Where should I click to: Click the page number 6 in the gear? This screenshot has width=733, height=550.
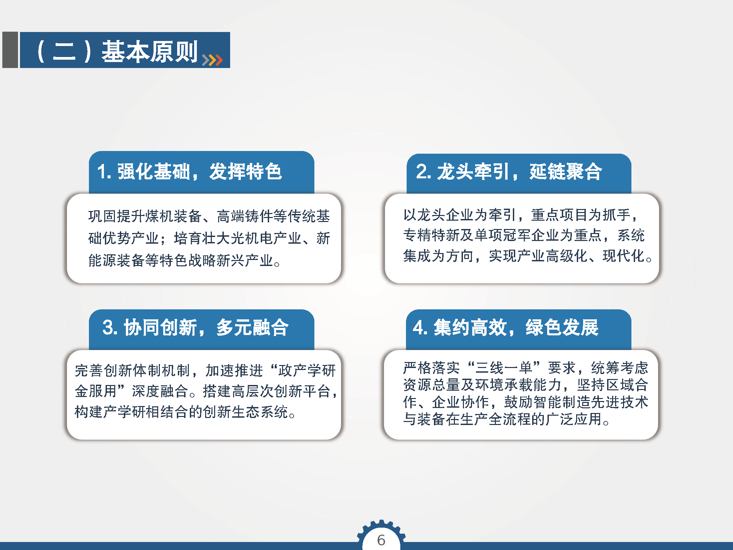381,540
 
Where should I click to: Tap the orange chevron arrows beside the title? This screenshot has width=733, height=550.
212,60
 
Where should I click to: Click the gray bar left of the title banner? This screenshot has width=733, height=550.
10,50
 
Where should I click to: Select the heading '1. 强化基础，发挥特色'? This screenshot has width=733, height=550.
189,172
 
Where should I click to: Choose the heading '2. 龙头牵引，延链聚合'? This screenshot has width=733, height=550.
509,172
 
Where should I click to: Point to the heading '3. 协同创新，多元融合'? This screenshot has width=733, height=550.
195,327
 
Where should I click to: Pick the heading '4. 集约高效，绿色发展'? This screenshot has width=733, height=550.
506,327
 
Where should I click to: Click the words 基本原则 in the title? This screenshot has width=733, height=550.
150,52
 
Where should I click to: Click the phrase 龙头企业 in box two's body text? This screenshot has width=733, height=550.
446,215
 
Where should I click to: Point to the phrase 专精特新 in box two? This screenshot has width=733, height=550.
431,235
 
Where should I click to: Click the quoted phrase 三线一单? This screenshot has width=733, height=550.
504,368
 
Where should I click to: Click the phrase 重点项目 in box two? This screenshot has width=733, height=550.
559,215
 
